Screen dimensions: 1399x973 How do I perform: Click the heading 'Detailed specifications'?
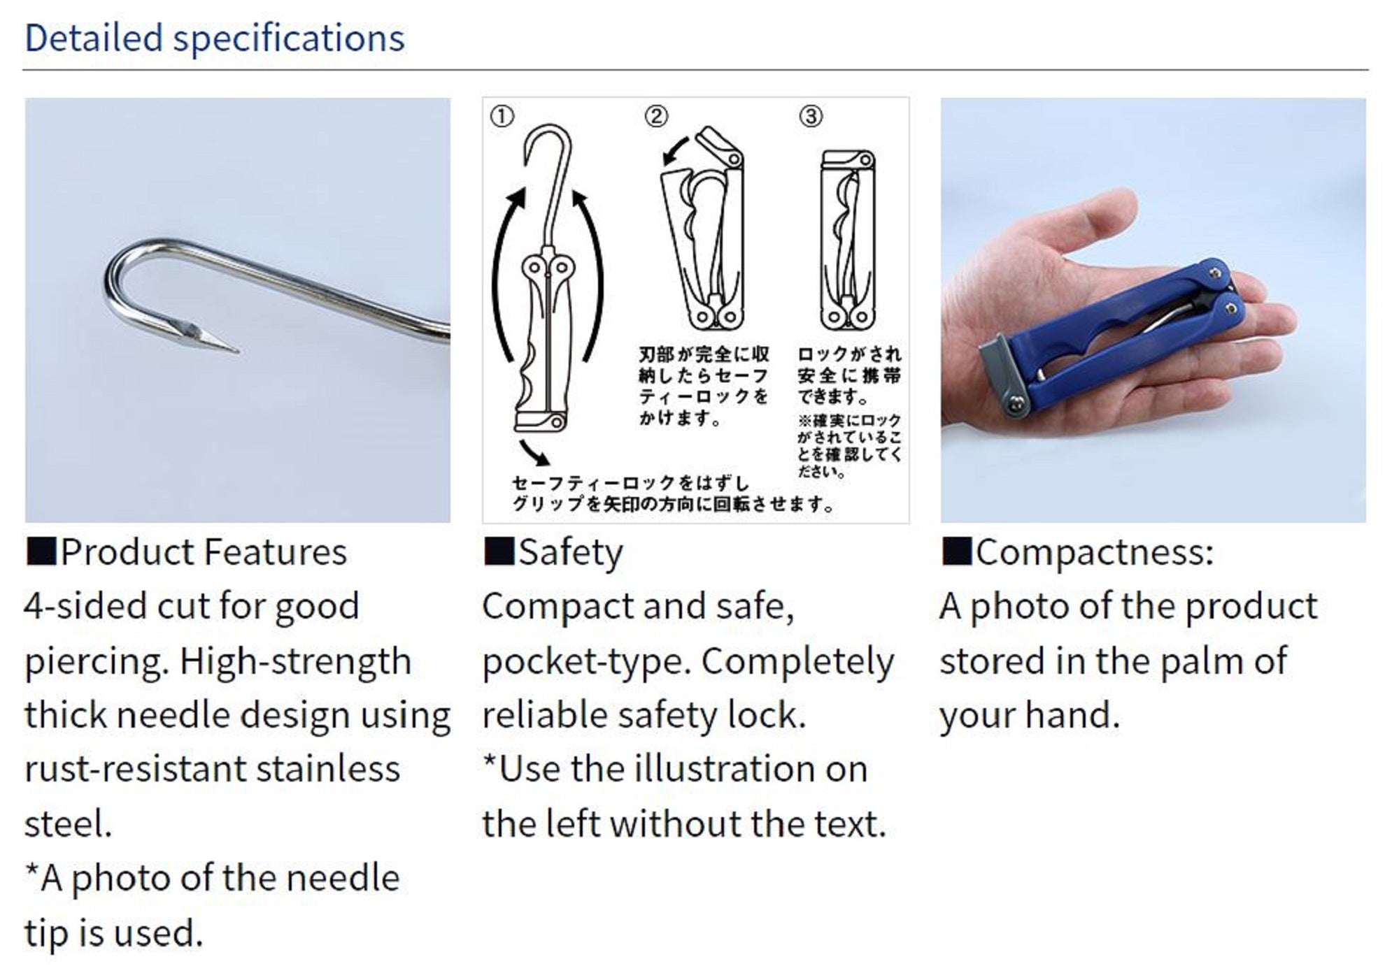[x=215, y=38]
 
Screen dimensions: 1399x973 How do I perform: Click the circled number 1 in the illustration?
[x=502, y=116]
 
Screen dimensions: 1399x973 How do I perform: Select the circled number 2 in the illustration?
[x=656, y=116]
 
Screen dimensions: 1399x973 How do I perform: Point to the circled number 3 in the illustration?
[x=811, y=116]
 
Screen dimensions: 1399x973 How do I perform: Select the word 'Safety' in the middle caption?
[x=570, y=553]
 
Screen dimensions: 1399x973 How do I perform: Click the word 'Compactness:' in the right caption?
[x=1094, y=552]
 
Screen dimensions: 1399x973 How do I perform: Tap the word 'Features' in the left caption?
[x=276, y=552]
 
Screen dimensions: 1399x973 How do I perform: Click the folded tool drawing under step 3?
[x=847, y=239]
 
